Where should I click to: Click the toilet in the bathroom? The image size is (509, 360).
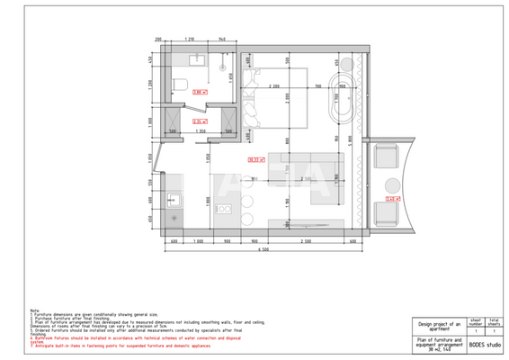coord(179,85)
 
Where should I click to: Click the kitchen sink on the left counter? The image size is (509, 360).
coord(174,200)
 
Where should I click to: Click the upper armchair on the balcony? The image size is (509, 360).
coord(388,159)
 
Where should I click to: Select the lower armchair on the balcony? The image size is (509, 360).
coord(388,212)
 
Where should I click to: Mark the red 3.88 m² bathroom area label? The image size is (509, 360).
coord(201,91)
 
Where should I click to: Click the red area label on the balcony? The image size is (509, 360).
coord(392,199)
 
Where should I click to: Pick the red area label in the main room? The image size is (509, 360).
coord(255,160)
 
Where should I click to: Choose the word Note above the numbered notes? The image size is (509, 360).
coord(34,309)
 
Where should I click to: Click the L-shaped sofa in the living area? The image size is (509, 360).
coord(315,184)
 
